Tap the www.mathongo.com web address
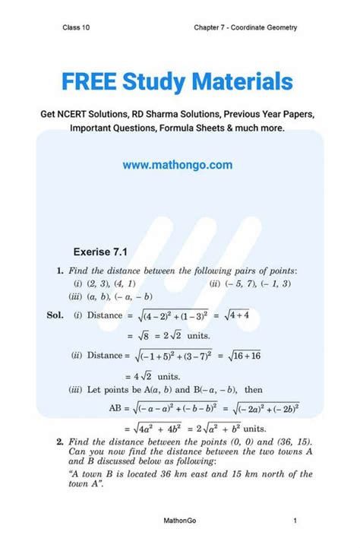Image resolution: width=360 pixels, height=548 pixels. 177,164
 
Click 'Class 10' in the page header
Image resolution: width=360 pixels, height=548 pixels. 77,28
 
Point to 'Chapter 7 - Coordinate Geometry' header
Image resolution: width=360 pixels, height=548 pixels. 245,28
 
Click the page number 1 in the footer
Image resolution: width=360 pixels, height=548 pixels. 294,520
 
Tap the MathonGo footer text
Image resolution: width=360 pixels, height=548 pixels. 179,520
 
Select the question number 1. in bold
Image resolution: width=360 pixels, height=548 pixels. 59,271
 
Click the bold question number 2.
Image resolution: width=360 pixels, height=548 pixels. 59,442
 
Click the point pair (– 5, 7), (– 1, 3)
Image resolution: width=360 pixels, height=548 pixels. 250,284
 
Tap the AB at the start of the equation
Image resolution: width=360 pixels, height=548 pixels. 117,408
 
